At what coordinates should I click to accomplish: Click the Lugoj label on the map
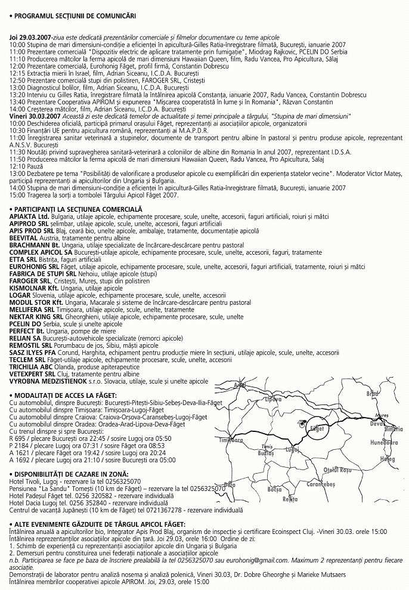click(x=292, y=449)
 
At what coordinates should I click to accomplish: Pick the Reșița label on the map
click(x=290, y=499)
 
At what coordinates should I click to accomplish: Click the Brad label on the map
click(x=372, y=393)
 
